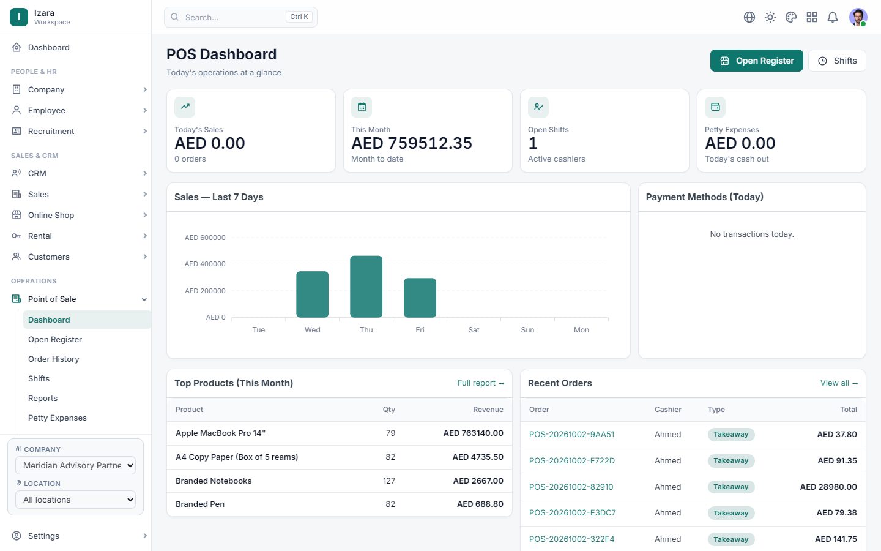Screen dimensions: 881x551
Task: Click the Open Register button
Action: click(x=756, y=61)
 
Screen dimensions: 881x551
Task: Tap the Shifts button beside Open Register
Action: click(x=837, y=61)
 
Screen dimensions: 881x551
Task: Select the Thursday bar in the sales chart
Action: click(x=366, y=287)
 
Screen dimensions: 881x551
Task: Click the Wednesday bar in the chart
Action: click(x=312, y=294)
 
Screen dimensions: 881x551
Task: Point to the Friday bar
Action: click(x=420, y=298)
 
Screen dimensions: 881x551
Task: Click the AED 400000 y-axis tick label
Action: click(x=205, y=264)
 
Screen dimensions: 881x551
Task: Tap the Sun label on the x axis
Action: click(x=527, y=330)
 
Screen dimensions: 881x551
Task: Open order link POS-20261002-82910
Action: click(x=571, y=487)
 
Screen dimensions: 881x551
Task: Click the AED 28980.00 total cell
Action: click(x=828, y=487)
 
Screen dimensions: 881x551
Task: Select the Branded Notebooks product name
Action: click(x=214, y=481)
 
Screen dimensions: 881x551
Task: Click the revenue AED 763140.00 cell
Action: click(x=473, y=433)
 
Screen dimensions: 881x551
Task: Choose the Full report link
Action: click(x=481, y=383)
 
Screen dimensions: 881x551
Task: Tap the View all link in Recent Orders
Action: click(x=839, y=383)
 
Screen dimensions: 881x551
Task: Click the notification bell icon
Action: click(x=832, y=17)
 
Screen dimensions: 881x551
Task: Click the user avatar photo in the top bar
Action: click(x=858, y=17)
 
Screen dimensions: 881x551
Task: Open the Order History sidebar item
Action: click(x=53, y=359)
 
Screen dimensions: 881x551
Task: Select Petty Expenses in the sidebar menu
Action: click(x=58, y=418)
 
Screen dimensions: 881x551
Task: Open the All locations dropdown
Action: click(x=75, y=500)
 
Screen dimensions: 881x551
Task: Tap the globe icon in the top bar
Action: click(x=749, y=17)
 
